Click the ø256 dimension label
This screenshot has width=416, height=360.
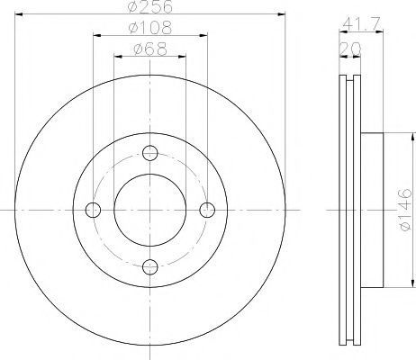(150, 6)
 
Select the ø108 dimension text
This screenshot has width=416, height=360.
(150, 28)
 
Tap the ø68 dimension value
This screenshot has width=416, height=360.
(150, 49)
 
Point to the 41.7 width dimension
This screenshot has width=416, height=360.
(361, 23)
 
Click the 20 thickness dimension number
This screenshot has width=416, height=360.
(349, 49)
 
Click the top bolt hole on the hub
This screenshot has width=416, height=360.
(150, 153)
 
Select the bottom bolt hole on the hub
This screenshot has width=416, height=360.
(150, 267)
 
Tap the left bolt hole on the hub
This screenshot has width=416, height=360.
(93, 210)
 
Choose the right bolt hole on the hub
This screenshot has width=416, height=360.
(207, 210)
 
